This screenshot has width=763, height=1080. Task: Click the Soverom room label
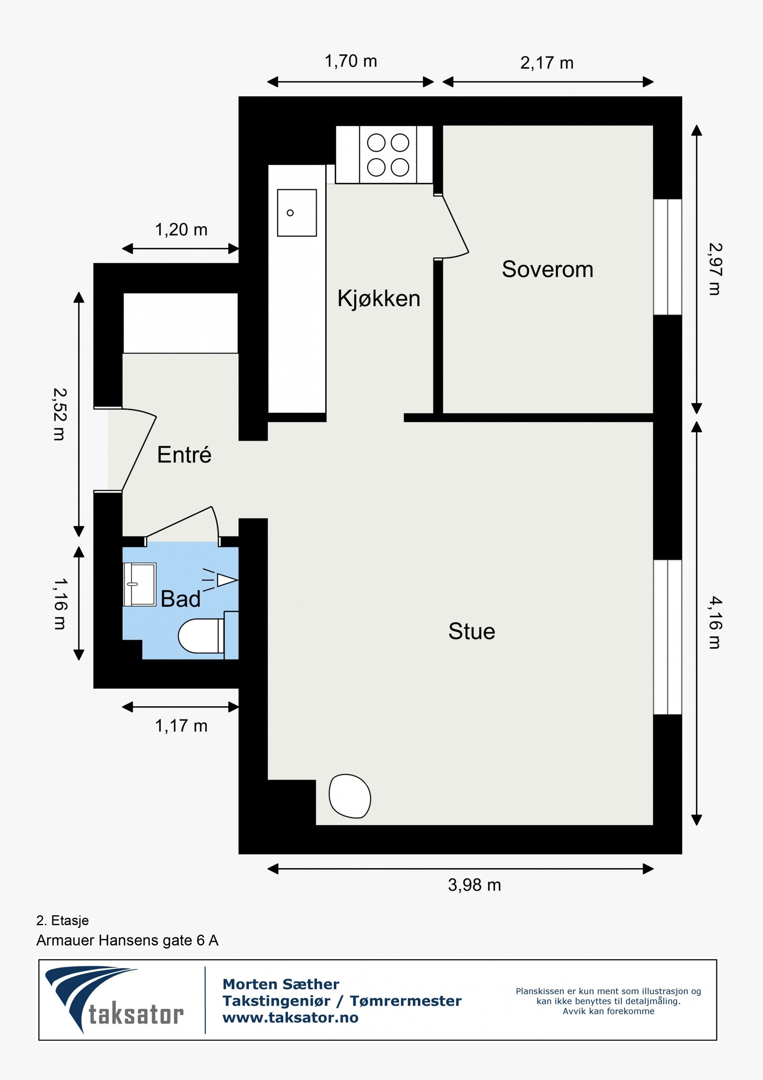[x=547, y=269]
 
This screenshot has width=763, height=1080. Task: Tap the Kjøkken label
[x=379, y=299]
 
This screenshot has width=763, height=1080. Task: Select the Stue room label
[x=472, y=631]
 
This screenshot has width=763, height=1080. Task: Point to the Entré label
[x=184, y=454]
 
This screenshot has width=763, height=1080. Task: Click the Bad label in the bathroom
[x=181, y=599]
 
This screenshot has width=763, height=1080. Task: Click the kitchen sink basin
[x=297, y=213]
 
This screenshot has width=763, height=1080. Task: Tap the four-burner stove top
[x=388, y=155]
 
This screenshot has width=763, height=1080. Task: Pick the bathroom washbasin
[x=139, y=585]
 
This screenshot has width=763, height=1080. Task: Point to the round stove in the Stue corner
[x=350, y=796]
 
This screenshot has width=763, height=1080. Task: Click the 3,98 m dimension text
[x=474, y=885]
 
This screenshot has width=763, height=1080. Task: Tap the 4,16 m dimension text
[x=715, y=622]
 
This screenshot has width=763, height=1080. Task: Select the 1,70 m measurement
[x=351, y=61]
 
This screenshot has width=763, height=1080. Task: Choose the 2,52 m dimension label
[x=60, y=414]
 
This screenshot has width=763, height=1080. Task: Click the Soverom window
[x=668, y=257]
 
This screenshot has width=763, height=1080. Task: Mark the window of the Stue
[x=668, y=637]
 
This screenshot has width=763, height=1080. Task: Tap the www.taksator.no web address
[x=290, y=1017]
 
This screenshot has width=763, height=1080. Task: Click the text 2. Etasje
[x=62, y=921]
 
